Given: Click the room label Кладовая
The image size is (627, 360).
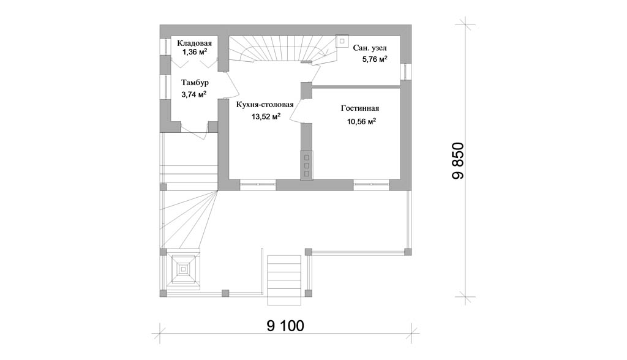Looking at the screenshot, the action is [194, 43].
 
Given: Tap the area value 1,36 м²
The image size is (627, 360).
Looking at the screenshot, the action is [195, 52].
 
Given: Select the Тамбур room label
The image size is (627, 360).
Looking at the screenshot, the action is [195, 83].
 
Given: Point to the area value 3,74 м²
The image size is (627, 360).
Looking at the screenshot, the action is [194, 94].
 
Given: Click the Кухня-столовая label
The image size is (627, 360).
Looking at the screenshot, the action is [265, 105].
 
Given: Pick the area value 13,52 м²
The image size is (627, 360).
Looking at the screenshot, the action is [266, 117].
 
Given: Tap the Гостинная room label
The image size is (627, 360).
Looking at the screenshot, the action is [360, 108].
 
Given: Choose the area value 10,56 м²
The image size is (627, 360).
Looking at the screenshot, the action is [361, 122].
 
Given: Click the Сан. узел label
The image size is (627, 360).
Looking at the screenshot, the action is [370, 48].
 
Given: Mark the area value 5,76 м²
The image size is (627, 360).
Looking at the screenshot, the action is [375, 59].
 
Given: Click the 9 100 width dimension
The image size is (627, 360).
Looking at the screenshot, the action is [285, 326].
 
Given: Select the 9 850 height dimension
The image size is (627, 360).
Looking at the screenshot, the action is [458, 160].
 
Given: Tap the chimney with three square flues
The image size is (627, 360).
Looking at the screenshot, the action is [307, 165].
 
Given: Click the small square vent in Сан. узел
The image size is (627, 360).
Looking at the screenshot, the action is [342, 41].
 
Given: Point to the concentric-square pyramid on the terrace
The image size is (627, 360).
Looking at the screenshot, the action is [184, 269].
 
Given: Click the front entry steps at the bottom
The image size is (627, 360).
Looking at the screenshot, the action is [284, 280].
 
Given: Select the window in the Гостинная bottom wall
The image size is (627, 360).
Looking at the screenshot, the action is [371, 184].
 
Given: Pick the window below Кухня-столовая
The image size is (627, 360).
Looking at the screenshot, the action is [258, 184].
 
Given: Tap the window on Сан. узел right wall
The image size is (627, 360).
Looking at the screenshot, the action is [406, 72].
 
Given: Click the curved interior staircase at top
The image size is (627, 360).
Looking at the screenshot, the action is [282, 50].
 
